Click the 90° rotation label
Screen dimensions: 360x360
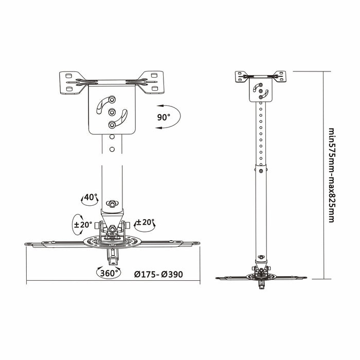click(163, 117)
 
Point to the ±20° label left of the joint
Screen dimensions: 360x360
click(84, 224)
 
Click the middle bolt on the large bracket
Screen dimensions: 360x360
click(112, 112)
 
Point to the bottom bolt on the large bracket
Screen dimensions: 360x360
click(112, 124)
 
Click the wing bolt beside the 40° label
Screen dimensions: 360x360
click(112, 201)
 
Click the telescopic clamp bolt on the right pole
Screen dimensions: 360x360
click(262, 171)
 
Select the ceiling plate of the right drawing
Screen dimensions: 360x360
click(261, 78)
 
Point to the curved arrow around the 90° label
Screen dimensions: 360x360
click(172, 118)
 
